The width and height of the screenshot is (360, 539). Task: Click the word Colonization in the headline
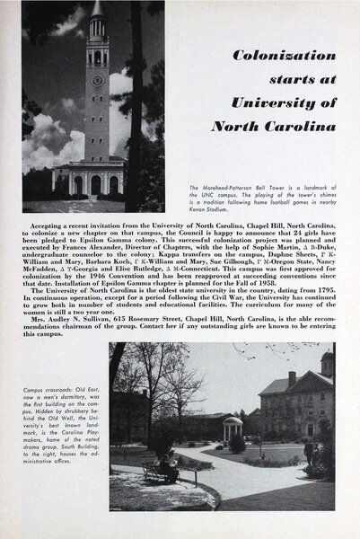(286, 56)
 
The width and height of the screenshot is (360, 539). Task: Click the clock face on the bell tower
(97, 79)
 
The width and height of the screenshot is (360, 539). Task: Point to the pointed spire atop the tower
(96, 8)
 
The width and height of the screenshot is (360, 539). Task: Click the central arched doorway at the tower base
(96, 184)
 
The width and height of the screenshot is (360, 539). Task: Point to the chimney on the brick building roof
(292, 378)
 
